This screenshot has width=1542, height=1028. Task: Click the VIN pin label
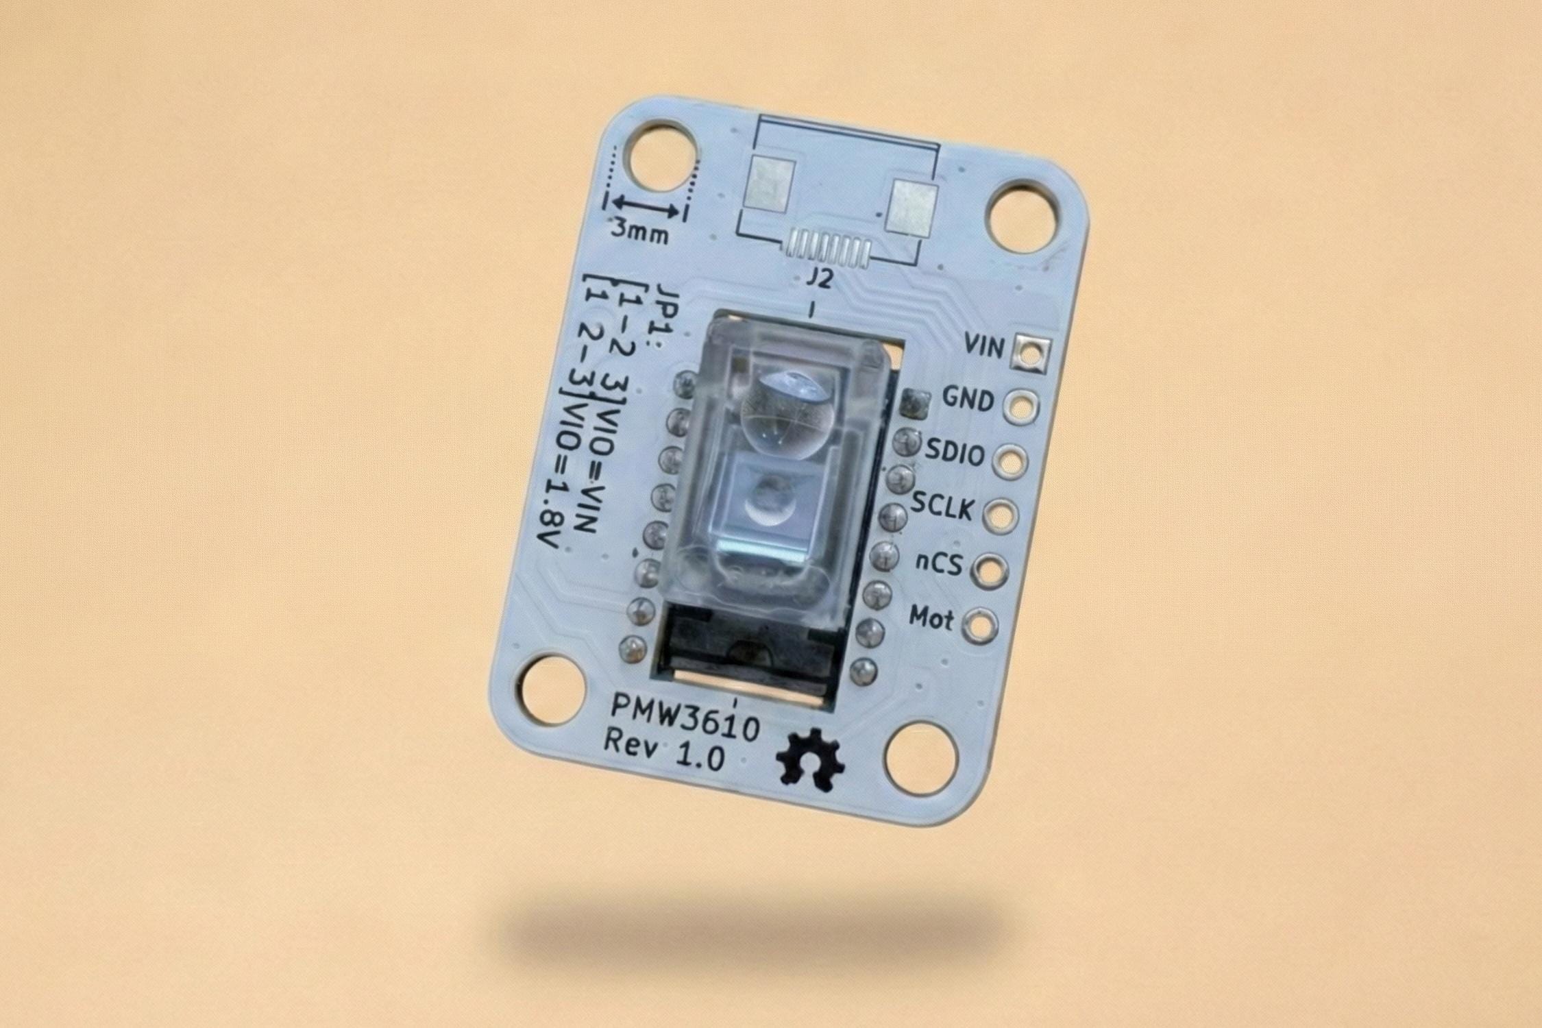983,347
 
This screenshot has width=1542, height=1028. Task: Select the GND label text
968,398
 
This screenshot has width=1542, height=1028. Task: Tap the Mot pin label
931,618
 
